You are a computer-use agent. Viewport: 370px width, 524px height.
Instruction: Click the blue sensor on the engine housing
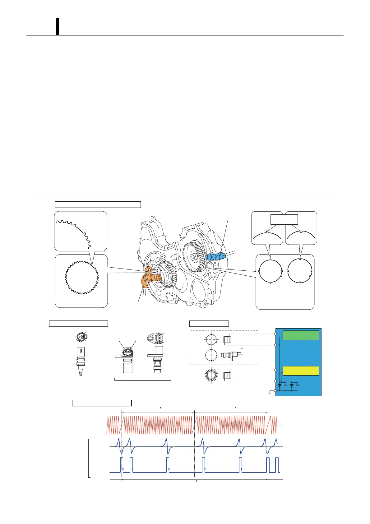(215, 256)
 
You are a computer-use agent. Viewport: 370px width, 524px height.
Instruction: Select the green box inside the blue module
(301, 335)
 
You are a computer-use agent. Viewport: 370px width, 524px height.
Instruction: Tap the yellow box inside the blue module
(301, 371)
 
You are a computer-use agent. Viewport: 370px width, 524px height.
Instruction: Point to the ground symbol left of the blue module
(270, 394)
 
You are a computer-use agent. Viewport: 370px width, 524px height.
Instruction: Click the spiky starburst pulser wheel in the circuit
(211, 375)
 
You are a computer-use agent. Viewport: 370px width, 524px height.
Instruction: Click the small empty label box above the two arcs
(284, 219)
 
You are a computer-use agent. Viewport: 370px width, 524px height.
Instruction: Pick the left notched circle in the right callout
(270, 271)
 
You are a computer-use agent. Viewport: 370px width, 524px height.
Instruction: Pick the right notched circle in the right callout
(300, 271)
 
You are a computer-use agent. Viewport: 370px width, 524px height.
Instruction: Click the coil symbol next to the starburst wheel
(227, 375)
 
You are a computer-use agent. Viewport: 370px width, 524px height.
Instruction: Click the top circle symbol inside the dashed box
(211, 339)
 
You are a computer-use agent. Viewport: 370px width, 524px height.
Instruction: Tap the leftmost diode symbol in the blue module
(280, 385)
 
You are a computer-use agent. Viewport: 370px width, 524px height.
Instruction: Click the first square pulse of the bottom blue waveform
(121, 465)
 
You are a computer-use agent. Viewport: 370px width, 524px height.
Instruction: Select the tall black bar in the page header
(58, 26)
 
